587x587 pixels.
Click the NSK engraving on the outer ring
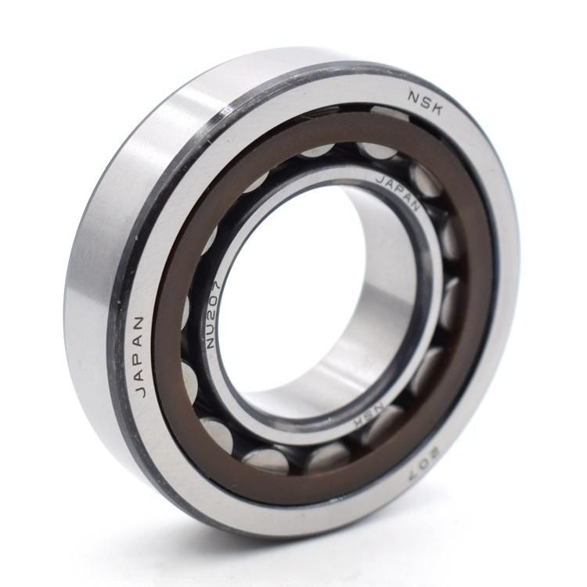(x=426, y=102)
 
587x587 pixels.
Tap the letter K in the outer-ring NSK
(x=438, y=108)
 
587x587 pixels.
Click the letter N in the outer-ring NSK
(x=414, y=95)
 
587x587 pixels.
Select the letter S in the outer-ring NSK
(x=426, y=102)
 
